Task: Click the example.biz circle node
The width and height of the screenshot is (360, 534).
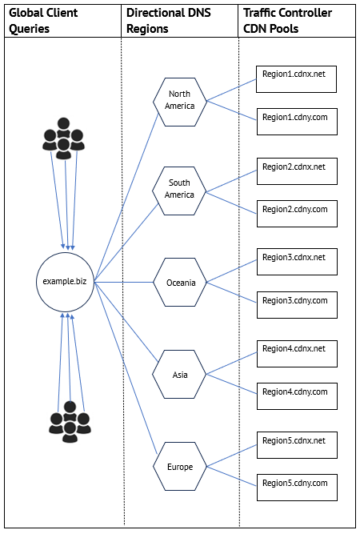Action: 65,282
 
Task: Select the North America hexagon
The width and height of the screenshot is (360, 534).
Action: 180,102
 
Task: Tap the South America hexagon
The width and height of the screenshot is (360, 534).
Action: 179,191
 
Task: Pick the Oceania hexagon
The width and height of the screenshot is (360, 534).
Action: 180,283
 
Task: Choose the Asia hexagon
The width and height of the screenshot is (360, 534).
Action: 179,374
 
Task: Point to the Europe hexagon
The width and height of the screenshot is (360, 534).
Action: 180,466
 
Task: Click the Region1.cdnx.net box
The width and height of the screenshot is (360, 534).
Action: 296,79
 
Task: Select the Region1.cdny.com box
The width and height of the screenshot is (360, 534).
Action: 297,122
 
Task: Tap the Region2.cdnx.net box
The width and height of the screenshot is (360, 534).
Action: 297,171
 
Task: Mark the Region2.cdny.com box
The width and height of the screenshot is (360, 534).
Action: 297,214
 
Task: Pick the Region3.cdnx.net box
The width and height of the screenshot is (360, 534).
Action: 297,262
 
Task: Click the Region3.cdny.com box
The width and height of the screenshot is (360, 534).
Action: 297,305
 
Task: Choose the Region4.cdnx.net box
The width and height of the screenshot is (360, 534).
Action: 297,354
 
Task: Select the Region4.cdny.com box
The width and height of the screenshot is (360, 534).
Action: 297,396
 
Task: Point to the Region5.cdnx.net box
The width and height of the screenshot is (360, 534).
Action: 297,445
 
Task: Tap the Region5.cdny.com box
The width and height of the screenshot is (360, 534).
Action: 297,488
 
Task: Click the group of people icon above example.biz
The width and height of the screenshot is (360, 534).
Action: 64,139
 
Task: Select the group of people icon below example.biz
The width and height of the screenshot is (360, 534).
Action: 70,422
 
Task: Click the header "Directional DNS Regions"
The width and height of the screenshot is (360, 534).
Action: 169,21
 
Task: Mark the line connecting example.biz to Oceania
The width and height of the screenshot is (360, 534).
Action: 124,282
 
